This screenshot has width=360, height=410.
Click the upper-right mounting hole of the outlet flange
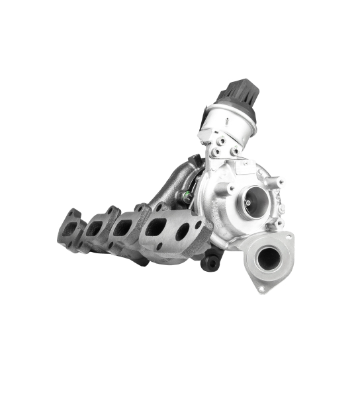pyautogui.click(x=287, y=237)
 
